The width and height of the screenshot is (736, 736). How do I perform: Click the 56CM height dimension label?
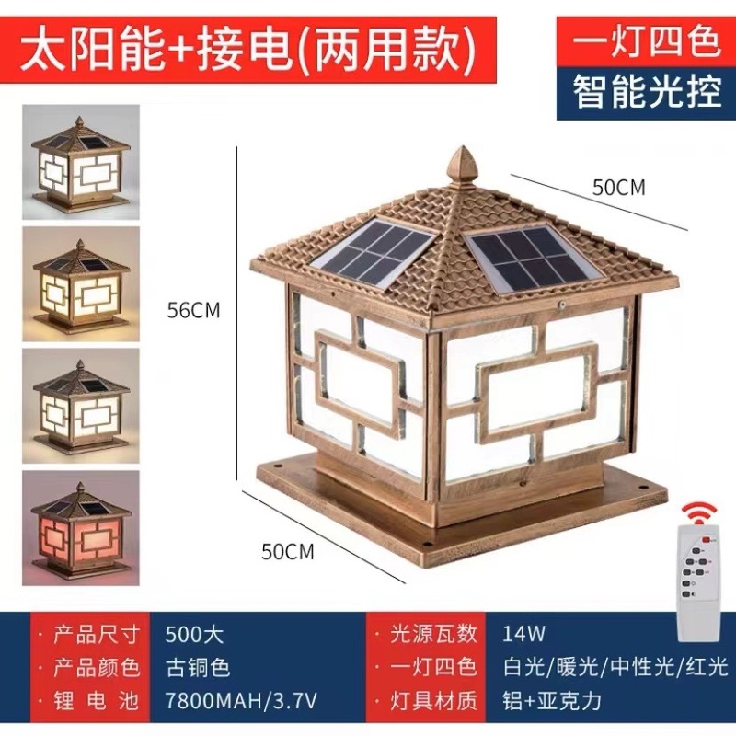pos(193,310)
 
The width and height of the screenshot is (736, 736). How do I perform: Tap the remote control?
pos(698,583)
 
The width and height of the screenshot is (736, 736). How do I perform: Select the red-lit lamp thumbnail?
pos(81,528)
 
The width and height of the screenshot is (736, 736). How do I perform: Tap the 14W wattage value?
pos(523,634)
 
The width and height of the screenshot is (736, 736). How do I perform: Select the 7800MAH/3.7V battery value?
pos(241,701)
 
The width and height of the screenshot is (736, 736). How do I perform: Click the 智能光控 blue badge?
pos(646,93)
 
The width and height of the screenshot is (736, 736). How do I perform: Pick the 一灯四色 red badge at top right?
pos(646,40)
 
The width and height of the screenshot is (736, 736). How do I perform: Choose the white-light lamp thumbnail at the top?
pos(81,162)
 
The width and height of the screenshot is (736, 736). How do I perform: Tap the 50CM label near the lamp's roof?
pos(618,188)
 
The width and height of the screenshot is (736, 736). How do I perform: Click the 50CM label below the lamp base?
pos(287,551)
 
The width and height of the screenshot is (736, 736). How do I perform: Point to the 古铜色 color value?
pos(198,668)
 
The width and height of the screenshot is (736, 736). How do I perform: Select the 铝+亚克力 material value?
pos(551,701)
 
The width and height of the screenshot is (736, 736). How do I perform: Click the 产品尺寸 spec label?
pos(97,635)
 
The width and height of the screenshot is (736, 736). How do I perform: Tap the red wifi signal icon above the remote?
pos(700,513)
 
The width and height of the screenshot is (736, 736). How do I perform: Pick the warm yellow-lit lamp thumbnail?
pos(81,284)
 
